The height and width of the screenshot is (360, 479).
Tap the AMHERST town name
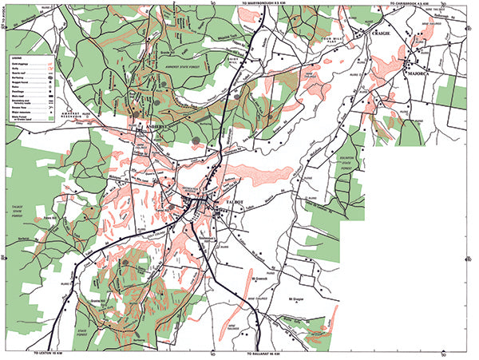click(151, 127)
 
